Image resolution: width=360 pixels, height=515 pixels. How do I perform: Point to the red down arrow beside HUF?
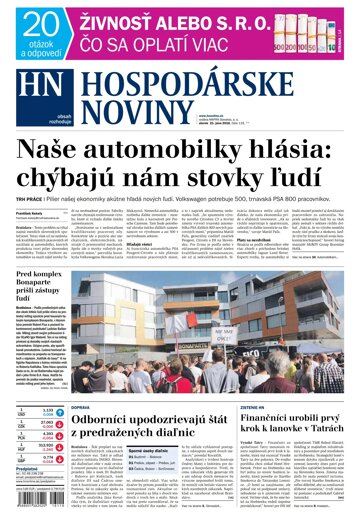[x=11, y=444]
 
